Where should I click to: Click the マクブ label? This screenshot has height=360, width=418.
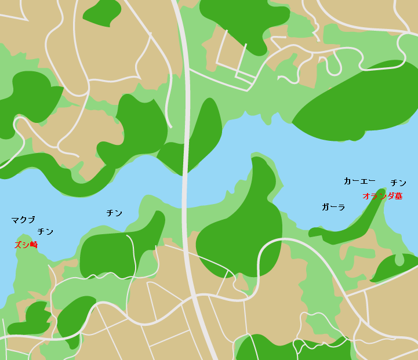click(x=23, y=220)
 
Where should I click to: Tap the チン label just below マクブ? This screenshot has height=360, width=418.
click(x=45, y=232)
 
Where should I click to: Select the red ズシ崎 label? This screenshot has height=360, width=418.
click(x=26, y=245)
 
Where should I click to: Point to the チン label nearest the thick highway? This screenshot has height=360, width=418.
click(x=114, y=213)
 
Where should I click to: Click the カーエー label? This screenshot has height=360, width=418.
click(x=359, y=181)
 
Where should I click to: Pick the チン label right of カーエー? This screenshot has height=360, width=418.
click(x=398, y=183)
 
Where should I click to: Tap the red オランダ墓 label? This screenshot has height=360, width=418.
click(x=382, y=196)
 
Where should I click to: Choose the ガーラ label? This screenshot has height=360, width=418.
click(x=333, y=207)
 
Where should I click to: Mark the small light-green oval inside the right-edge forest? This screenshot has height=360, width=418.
click(x=399, y=260)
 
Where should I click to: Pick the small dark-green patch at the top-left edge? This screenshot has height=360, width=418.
click(x=101, y=12)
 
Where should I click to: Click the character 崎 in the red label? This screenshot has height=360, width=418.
click(x=34, y=245)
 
